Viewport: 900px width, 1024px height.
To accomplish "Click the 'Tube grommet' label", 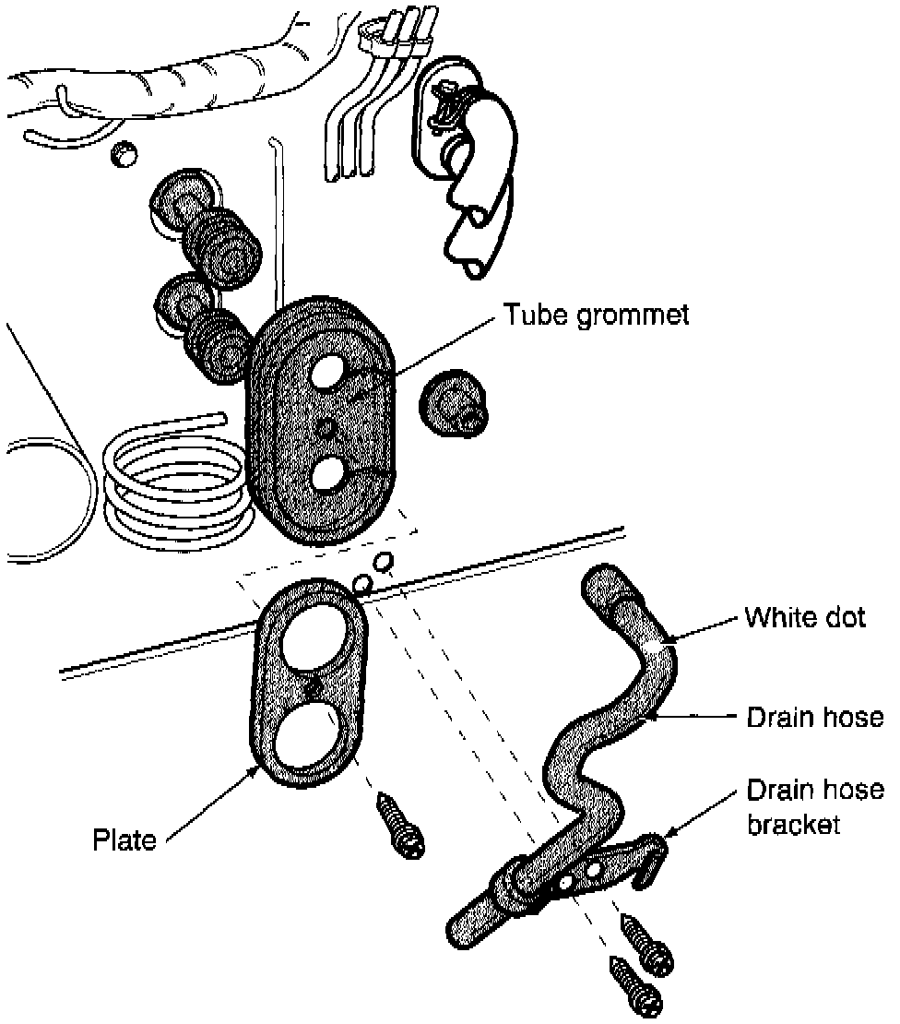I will [x=596, y=315].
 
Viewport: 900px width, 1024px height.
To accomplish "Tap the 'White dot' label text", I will [x=805, y=617].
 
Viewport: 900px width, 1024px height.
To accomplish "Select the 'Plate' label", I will [x=124, y=839].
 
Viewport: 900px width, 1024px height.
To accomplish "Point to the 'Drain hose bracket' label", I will [x=814, y=806].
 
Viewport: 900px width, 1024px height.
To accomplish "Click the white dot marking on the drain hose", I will [x=657, y=652].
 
